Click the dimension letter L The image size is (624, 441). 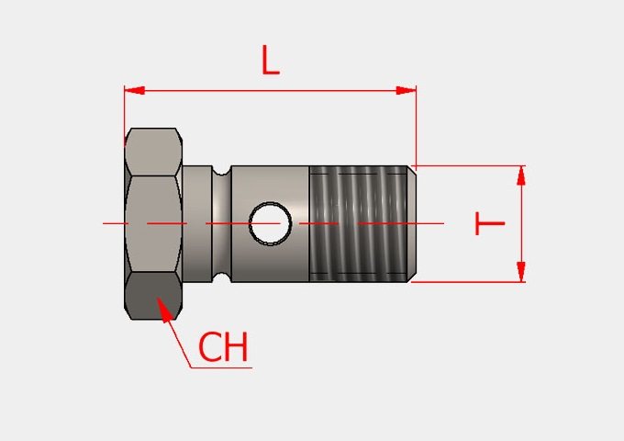tap(271, 60)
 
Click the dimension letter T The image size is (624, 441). tap(490, 223)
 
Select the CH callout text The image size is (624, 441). tap(223, 346)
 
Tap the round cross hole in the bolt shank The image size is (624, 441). tap(270, 223)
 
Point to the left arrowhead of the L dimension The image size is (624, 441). tap(134, 90)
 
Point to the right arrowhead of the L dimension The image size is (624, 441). tap(406, 90)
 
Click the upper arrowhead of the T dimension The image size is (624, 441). tap(521, 175)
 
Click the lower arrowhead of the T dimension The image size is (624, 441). tap(521, 272)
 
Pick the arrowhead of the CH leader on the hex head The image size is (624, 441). tap(165, 309)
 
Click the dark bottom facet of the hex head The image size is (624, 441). tap(153, 296)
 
